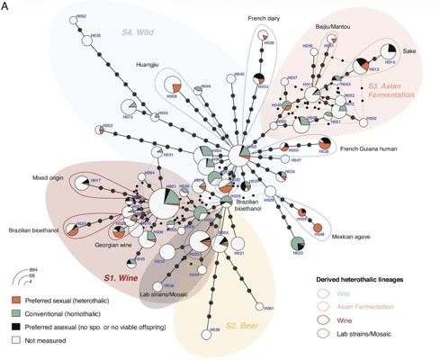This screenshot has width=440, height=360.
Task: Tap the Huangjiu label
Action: [x=148, y=65]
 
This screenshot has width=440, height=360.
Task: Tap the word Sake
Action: [x=409, y=50]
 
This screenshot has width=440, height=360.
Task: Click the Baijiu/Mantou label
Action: [x=332, y=27]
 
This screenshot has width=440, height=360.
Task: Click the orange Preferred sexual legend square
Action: [x=18, y=298]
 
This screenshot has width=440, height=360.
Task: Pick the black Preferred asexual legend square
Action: [x=18, y=327]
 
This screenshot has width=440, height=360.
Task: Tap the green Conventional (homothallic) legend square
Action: [x=18, y=312]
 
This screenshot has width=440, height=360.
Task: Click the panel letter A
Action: [x=7, y=7]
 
